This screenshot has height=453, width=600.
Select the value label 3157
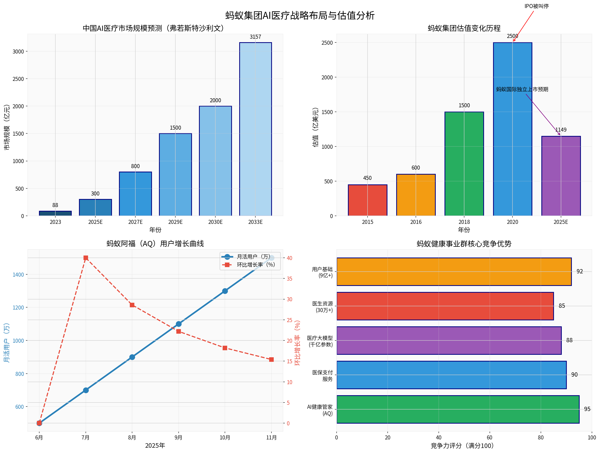[255, 37]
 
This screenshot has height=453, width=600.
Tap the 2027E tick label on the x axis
[135, 222]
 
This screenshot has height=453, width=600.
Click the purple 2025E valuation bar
[561, 176]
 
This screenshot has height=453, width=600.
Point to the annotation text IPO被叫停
[536, 6]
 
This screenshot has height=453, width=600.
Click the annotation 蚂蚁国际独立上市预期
[522, 89]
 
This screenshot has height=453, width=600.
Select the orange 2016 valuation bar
[416, 195]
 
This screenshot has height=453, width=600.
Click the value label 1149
[561, 130]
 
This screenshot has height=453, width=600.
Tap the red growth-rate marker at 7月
[86, 258]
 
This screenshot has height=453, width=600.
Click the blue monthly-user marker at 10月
[225, 291]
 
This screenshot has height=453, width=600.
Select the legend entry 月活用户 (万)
[253, 257]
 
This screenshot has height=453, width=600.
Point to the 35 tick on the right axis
[289, 279]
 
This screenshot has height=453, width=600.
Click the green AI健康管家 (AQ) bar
[458, 409]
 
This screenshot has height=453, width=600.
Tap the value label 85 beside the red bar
[562, 306]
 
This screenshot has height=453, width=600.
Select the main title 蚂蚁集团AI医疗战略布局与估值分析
[300, 15]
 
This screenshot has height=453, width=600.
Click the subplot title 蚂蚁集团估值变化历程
[464, 28]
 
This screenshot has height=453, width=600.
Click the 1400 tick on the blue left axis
[18, 275]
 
